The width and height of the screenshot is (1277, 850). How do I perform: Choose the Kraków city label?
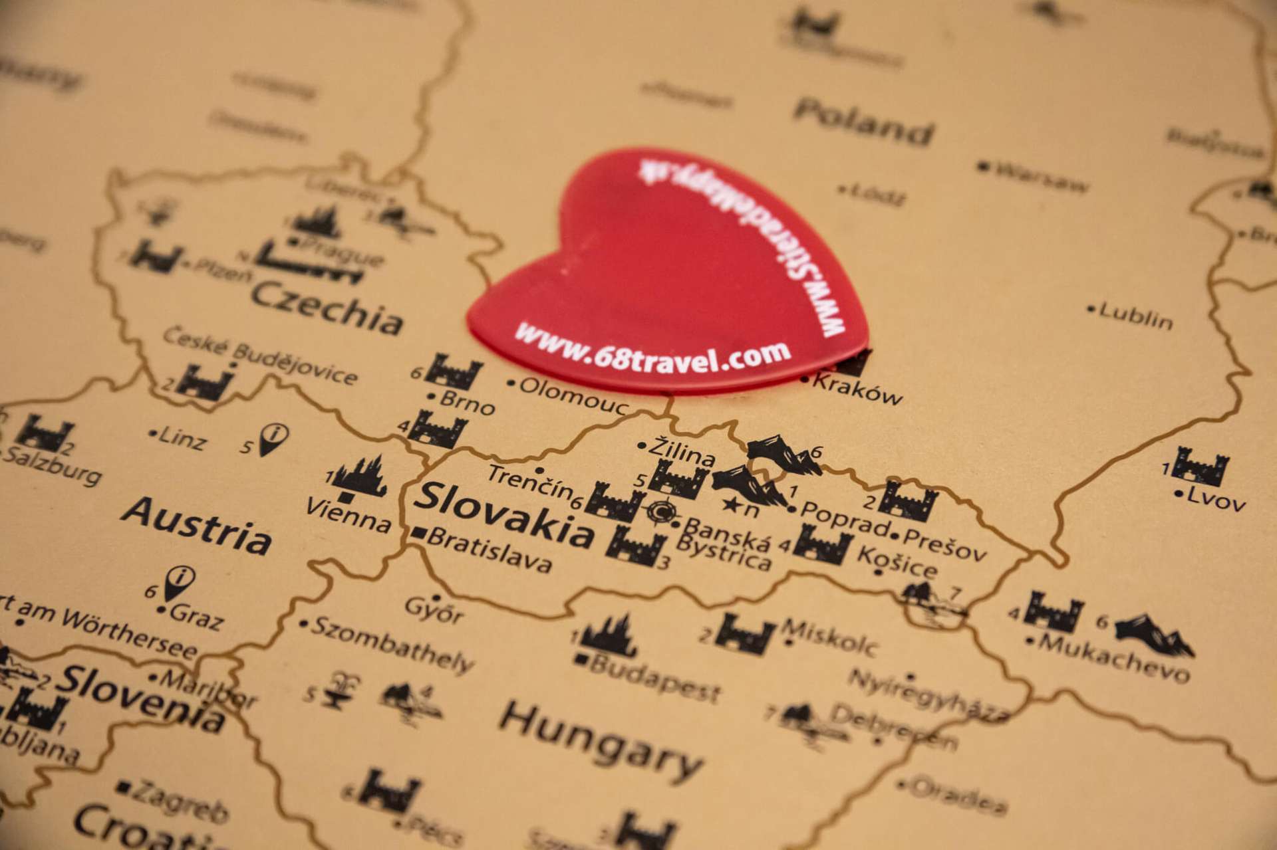pos(857,389)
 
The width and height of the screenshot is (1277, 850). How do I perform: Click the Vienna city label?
pos(348,514)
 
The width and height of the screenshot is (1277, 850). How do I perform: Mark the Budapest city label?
pos(654,677)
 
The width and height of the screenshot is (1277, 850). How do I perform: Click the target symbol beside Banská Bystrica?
pos(661,511)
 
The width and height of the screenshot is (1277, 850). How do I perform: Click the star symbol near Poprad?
pos(731,504)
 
